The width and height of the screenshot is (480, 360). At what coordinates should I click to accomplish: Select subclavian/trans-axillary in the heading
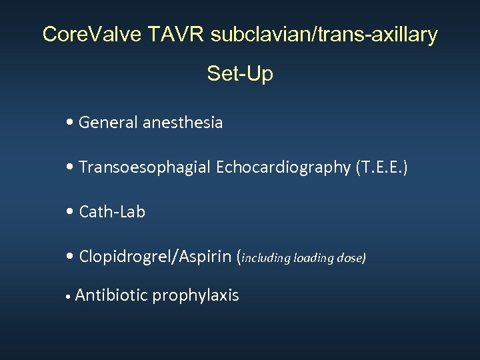click(x=324, y=34)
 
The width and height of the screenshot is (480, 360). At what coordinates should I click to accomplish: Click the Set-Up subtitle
click(x=240, y=73)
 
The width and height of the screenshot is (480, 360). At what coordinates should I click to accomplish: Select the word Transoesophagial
click(x=145, y=167)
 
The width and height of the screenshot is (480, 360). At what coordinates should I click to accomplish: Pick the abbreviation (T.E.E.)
click(x=381, y=167)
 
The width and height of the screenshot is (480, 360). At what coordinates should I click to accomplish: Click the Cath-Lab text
click(x=112, y=212)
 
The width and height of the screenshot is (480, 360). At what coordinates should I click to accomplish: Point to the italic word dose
click(x=351, y=258)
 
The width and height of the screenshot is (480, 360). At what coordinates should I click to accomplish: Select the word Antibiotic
click(x=111, y=295)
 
